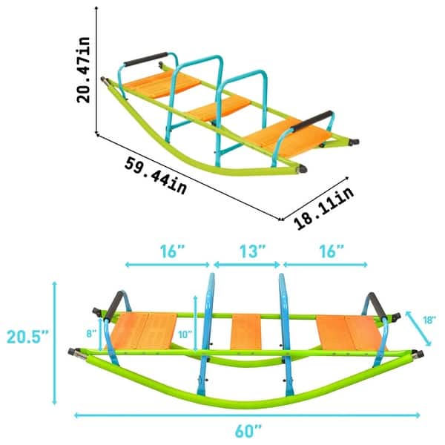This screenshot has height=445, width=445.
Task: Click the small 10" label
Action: click(183, 334)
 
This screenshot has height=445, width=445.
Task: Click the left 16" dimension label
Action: click(171, 251)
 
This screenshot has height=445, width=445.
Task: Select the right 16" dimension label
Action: click(327, 251)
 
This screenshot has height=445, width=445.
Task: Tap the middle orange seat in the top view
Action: click(220, 109)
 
